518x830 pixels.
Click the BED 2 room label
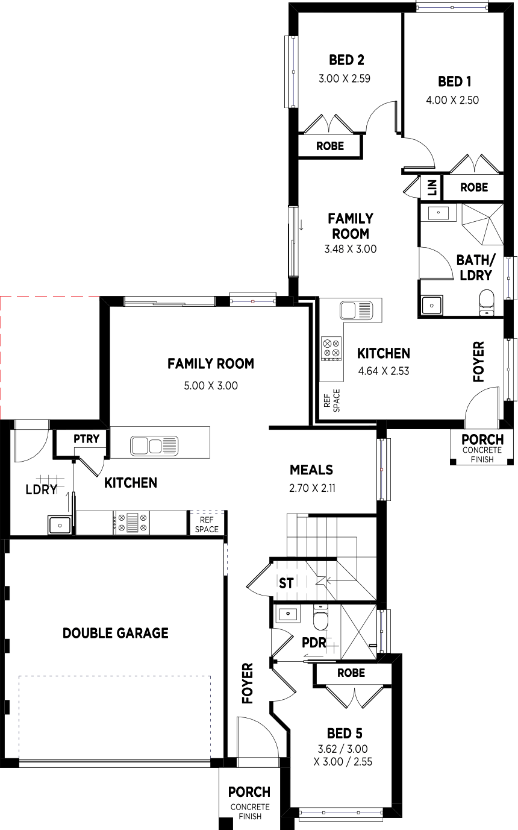click(x=346, y=60)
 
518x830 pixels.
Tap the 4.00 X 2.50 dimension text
click(x=452, y=100)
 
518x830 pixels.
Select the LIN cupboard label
click(x=432, y=187)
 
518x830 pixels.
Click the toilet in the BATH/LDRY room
click(x=487, y=303)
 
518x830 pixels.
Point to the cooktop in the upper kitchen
click(x=331, y=348)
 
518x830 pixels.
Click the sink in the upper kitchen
click(x=356, y=310)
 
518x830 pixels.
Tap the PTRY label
click(x=87, y=439)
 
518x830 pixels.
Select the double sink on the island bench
click(x=154, y=446)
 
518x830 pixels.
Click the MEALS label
click(x=311, y=470)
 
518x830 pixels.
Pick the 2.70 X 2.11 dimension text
click(x=312, y=488)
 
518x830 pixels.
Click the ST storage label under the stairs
click(x=286, y=583)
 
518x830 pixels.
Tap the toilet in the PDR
click(x=320, y=617)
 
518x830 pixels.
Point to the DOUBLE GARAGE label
click(x=116, y=634)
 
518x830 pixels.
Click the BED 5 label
click(x=345, y=734)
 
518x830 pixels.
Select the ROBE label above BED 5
click(x=351, y=673)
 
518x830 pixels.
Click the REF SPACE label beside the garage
click(x=207, y=524)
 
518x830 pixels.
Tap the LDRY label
click(x=42, y=489)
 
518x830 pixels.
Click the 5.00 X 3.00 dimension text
click(x=211, y=386)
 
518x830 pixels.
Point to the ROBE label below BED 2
click(x=330, y=146)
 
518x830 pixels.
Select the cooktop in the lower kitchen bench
click(x=132, y=523)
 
